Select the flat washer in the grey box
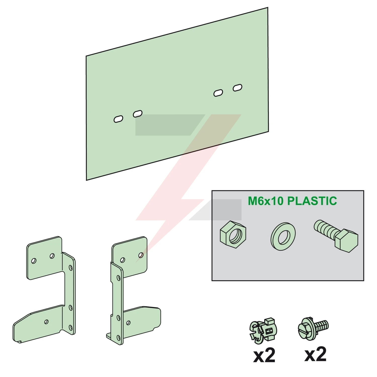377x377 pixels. (x=283, y=236)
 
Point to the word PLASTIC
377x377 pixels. (x=312, y=201)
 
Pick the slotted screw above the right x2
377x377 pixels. (x=313, y=328)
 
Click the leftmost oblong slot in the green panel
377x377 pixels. (x=118, y=119)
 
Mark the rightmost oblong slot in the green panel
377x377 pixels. (x=238, y=88)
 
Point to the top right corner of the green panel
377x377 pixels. (x=268, y=7)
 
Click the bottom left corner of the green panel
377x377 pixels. (x=86, y=180)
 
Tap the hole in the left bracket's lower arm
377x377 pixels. (x=46, y=322)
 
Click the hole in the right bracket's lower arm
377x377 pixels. (x=128, y=322)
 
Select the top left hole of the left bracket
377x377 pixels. (x=34, y=261)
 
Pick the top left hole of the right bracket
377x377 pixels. (x=123, y=260)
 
